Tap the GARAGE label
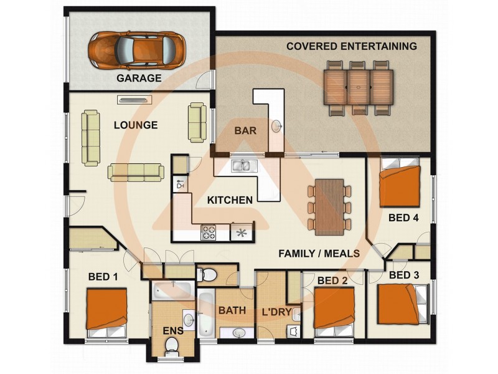[139, 79]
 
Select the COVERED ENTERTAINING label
[351, 46]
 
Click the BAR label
[243, 131]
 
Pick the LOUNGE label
[136, 125]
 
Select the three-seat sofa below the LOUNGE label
[136, 172]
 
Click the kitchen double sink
[240, 166]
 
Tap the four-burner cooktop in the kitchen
[208, 233]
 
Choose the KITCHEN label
[230, 200]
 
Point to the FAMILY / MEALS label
[319, 253]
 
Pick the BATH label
[231, 310]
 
